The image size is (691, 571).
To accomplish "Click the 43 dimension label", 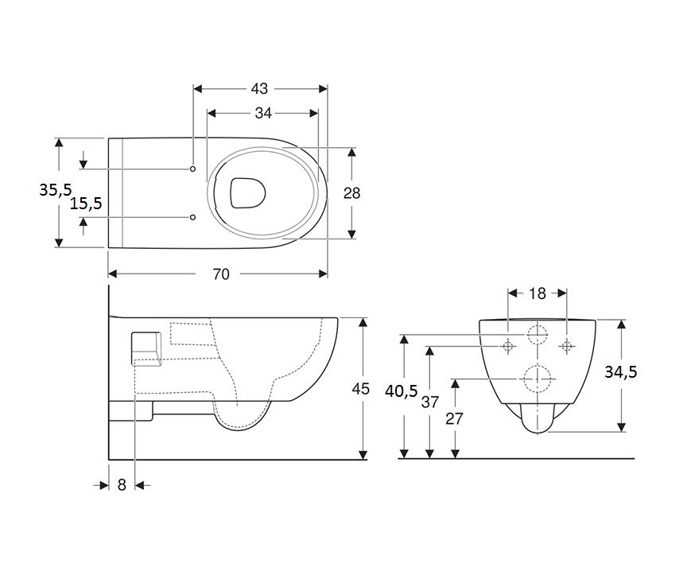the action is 259,89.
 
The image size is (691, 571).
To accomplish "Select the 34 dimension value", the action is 263,113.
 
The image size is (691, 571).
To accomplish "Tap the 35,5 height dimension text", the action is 55,190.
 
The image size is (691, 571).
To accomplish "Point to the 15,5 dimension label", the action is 86,203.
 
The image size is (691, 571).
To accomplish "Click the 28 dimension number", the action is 351,193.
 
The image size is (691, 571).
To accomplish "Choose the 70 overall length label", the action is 221,274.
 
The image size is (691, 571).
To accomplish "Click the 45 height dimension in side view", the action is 360,389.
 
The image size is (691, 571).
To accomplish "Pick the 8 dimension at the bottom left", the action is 122,484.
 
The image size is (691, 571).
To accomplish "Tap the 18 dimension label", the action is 538,293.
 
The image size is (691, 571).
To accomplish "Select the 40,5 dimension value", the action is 401,390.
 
